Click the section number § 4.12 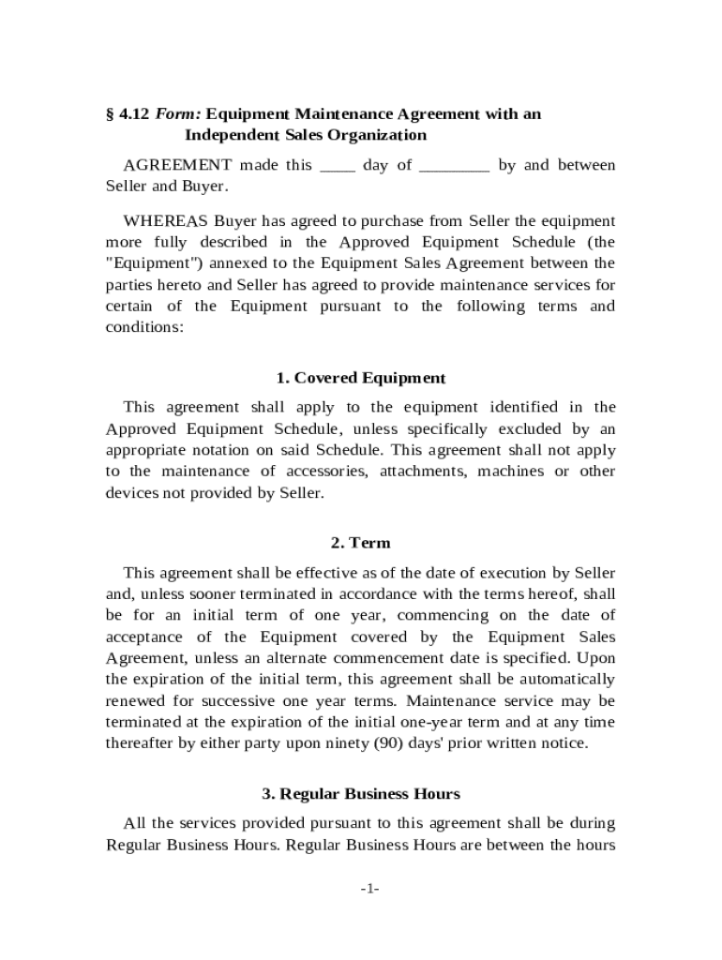coord(128,114)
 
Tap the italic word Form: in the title coord(177,114)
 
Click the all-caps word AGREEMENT coord(177,166)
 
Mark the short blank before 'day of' coord(338,166)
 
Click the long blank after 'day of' coord(454,166)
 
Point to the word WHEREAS coord(166,222)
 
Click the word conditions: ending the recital coord(145,327)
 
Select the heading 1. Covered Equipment coord(361,379)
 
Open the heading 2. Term coord(361,544)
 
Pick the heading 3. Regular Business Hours coord(361,795)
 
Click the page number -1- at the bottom coord(369,889)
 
